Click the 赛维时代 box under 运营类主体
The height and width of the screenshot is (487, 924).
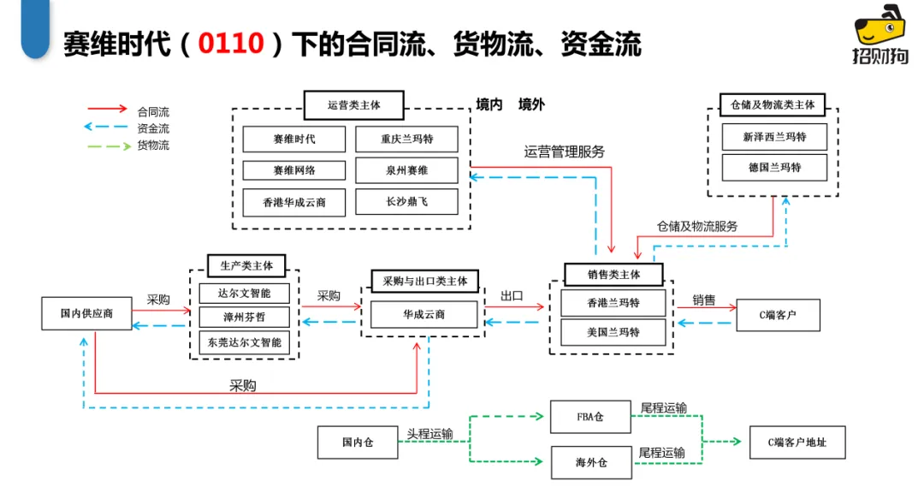click(x=294, y=140)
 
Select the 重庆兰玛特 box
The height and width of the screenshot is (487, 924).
click(x=406, y=140)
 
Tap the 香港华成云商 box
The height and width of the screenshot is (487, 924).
click(x=294, y=202)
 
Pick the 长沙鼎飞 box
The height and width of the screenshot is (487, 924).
click(x=406, y=202)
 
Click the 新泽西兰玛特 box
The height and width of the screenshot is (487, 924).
click(x=774, y=137)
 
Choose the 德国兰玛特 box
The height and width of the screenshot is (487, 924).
click(x=774, y=168)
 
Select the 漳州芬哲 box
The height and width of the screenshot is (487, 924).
click(x=245, y=318)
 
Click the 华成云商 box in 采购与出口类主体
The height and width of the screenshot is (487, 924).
click(x=423, y=314)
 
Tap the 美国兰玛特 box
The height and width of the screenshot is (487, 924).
click(x=613, y=332)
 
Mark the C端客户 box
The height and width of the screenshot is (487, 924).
click(x=778, y=315)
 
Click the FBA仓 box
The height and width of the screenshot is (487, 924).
click(x=591, y=417)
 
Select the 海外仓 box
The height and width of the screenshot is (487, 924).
click(x=591, y=462)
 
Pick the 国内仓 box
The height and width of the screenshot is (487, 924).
click(x=358, y=442)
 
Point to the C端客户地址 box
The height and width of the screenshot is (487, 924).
click(x=797, y=442)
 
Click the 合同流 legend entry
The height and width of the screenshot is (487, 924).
click(x=153, y=111)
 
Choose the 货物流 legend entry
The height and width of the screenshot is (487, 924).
click(x=153, y=146)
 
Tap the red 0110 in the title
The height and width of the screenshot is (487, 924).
click(x=230, y=44)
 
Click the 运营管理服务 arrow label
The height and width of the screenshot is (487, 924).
click(x=564, y=151)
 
